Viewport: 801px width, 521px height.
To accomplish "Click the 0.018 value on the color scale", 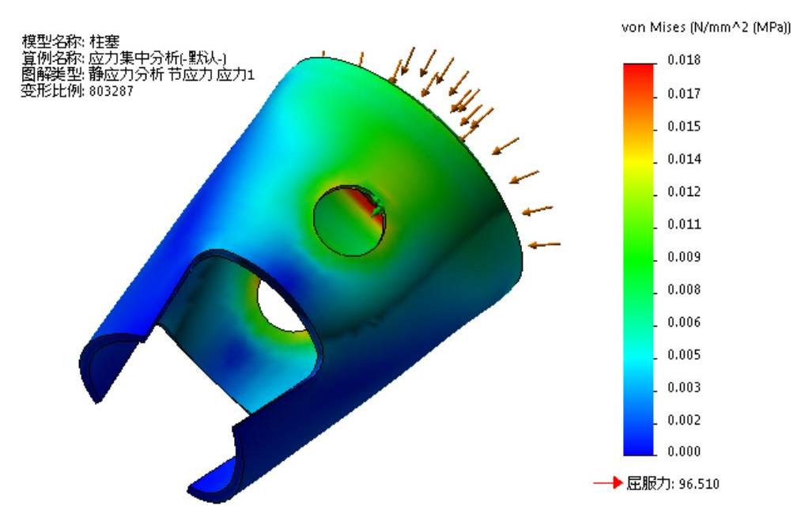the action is point(683,60).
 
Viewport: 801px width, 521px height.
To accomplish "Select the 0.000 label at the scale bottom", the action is point(683,451).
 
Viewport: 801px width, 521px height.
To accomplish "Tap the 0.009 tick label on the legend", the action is point(683,257).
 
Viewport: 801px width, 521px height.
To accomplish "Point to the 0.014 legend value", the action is point(683,160).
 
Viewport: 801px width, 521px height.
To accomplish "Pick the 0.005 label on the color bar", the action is point(683,354).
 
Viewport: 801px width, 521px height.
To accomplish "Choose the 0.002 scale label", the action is point(683,420).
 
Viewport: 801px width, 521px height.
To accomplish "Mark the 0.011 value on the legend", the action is point(683,225).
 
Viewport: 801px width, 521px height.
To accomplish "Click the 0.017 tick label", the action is point(683,94).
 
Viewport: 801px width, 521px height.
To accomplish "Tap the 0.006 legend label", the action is point(683,323).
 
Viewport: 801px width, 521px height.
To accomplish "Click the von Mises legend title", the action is point(705,28).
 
